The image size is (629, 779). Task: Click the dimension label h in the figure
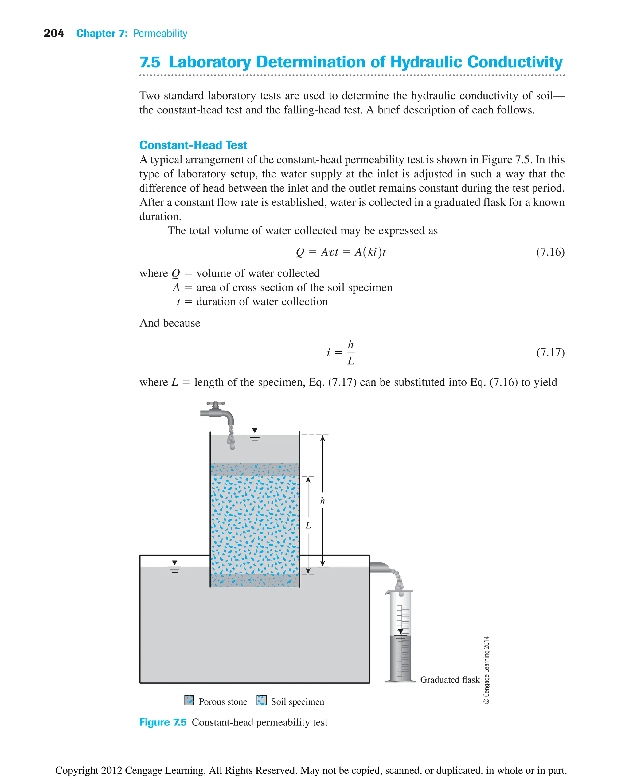pyautogui.click(x=322, y=501)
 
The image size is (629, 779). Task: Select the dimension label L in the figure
pyautogui.click(x=308, y=525)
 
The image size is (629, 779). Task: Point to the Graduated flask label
pyautogui.click(x=450, y=680)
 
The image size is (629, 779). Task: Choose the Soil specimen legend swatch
pyautogui.click(x=261, y=700)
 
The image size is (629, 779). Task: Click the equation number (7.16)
pyautogui.click(x=550, y=252)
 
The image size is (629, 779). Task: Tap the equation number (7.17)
pyautogui.click(x=550, y=352)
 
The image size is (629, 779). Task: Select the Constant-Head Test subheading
pyautogui.click(x=193, y=145)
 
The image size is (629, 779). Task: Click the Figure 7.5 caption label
pyautogui.click(x=163, y=722)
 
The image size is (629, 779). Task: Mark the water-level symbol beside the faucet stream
pyautogui.click(x=255, y=434)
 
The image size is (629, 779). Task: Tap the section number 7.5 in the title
pyautogui.click(x=150, y=62)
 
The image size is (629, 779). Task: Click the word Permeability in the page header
pyautogui.click(x=160, y=34)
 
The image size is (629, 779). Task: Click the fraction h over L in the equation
pyautogui.click(x=351, y=352)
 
